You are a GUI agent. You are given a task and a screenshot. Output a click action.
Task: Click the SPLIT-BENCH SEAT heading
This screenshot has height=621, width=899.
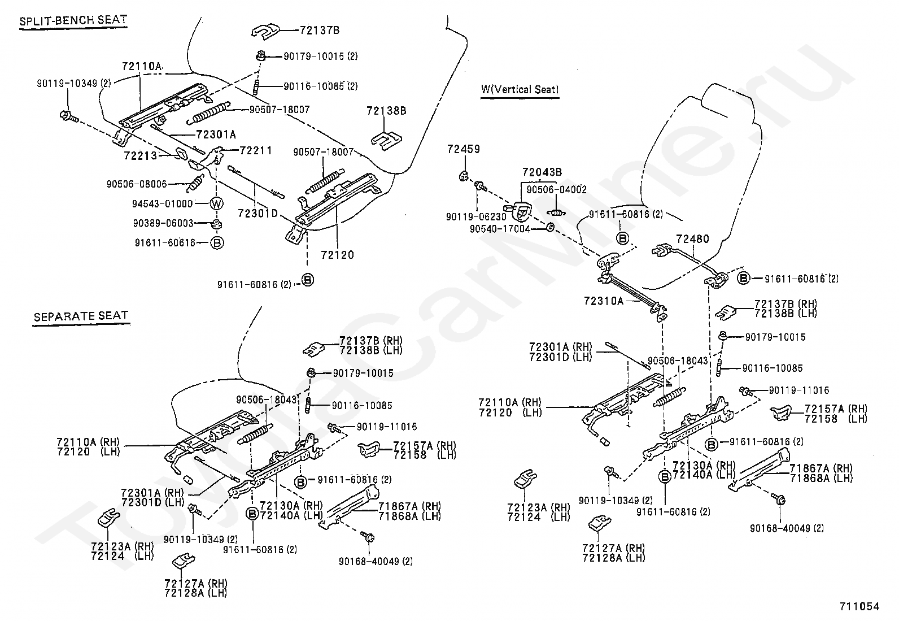click(x=73, y=21)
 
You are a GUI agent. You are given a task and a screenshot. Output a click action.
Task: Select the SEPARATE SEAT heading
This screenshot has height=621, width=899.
click(x=81, y=316)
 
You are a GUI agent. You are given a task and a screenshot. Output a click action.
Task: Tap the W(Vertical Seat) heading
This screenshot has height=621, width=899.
click(x=519, y=89)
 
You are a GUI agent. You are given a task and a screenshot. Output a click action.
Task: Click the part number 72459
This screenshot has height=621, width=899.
click(x=463, y=149)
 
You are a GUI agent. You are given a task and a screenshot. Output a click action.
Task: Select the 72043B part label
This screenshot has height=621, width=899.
click(x=542, y=172)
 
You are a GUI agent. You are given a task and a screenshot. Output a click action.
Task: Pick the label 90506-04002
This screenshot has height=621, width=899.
click(x=556, y=190)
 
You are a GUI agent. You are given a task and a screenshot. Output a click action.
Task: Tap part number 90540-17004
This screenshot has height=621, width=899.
click(x=500, y=229)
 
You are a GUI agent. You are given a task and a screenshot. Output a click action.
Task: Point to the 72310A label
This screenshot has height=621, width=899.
click(x=603, y=301)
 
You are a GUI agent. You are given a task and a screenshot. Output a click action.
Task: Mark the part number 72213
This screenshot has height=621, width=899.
click(x=141, y=154)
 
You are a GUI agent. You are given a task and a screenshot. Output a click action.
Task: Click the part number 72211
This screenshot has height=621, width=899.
click(x=256, y=150)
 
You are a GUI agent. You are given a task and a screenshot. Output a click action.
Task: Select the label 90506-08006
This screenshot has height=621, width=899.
click(x=137, y=184)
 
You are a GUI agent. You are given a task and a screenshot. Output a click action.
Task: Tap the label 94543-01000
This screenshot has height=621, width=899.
click(x=163, y=203)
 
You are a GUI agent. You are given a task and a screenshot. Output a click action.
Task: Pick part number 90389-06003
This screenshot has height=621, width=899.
click(x=163, y=223)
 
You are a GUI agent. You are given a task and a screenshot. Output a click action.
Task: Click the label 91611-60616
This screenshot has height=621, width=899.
click(x=165, y=242)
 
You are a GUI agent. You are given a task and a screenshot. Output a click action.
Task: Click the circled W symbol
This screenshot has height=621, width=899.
click(x=217, y=203)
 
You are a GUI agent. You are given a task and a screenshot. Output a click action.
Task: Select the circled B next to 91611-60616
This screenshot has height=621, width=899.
click(x=217, y=242)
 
